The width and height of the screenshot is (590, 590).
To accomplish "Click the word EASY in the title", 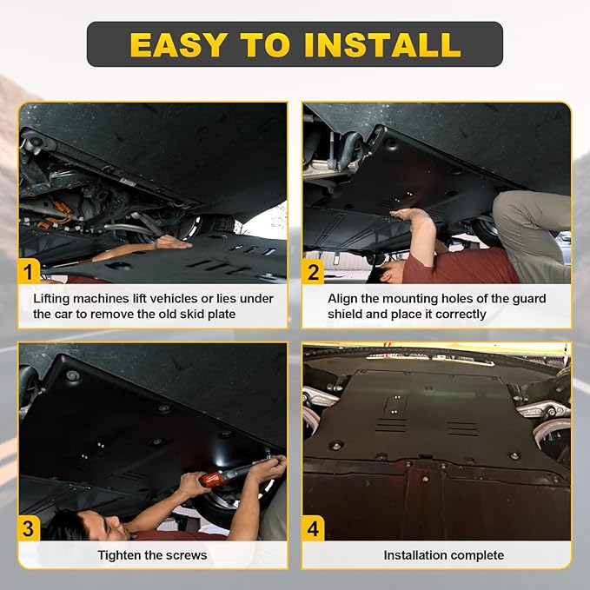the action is (178, 45).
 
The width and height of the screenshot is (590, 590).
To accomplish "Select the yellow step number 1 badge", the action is (29, 271).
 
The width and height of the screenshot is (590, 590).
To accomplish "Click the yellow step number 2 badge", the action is (313, 271).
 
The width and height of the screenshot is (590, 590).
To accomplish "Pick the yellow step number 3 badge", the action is (29, 528).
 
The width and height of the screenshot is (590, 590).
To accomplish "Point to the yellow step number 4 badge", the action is (313, 528).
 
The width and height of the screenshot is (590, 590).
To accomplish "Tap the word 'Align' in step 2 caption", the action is (342, 299).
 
